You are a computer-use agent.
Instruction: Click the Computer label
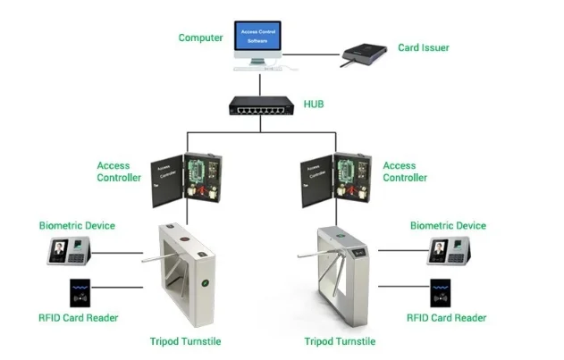[199, 38]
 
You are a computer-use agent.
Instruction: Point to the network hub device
[261, 107]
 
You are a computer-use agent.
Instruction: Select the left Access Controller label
[119, 172]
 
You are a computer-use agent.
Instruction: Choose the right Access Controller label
[399, 172]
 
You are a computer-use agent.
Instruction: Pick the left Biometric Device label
[77, 226]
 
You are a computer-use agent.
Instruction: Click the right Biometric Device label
[448, 226]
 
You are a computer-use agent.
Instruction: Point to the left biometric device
[68, 251]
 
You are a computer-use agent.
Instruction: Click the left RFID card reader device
[78, 293]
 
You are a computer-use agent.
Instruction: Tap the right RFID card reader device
[442, 293]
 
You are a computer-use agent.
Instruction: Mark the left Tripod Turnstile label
[185, 342]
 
